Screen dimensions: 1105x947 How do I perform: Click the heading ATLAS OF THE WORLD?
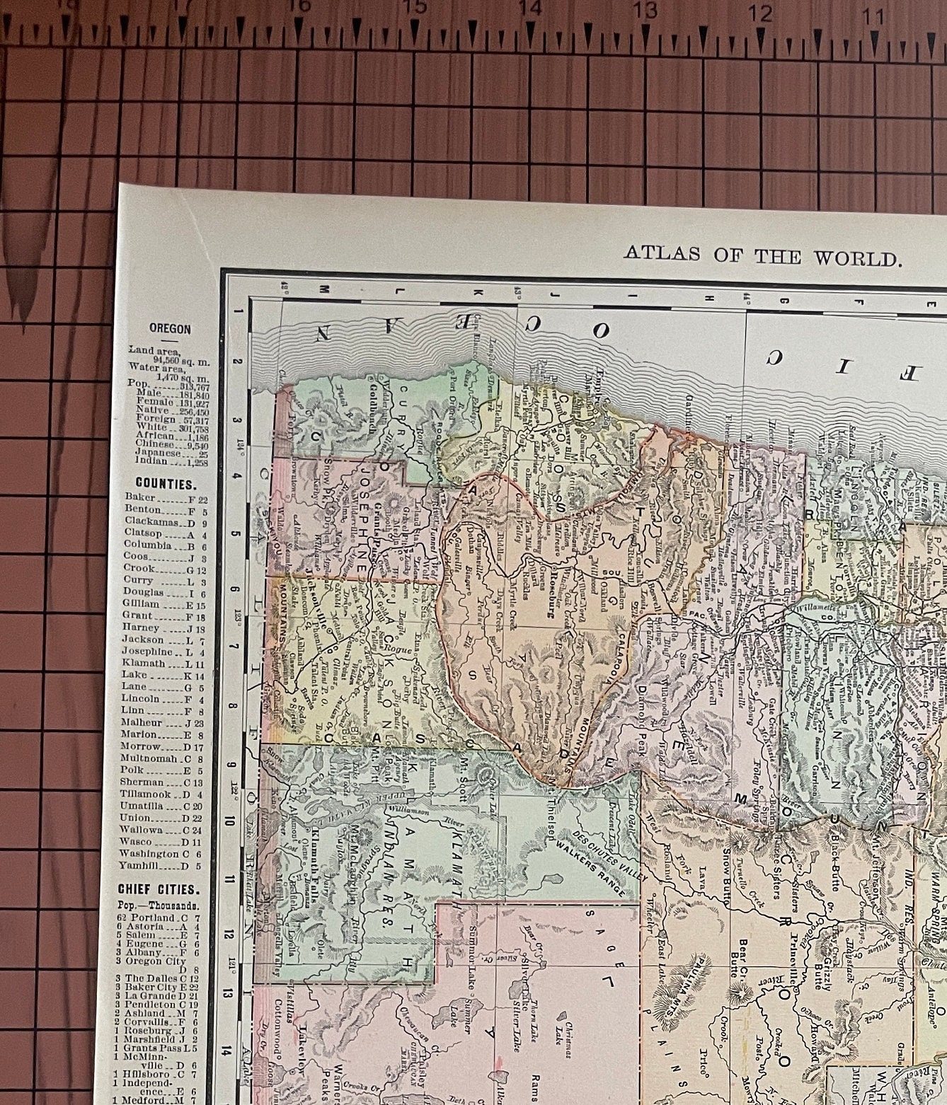pyautogui.click(x=762, y=255)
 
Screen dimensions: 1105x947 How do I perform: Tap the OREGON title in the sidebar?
pyautogui.click(x=170, y=329)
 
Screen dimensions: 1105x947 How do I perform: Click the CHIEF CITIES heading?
pyautogui.click(x=159, y=889)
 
